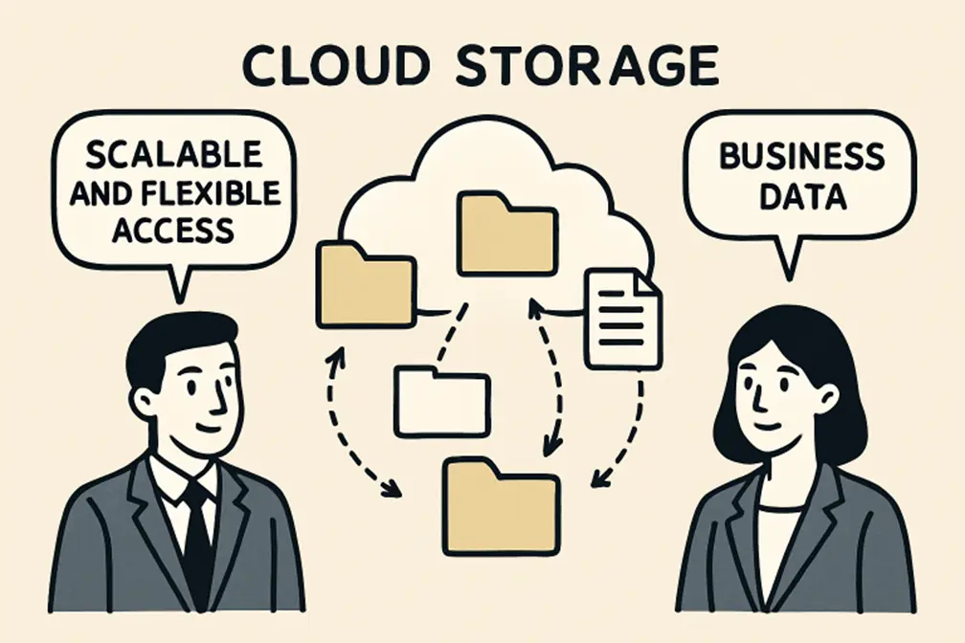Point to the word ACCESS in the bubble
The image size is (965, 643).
[x=172, y=229]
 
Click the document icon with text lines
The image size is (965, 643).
[x=623, y=318]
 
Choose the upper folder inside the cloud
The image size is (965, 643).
[x=506, y=233]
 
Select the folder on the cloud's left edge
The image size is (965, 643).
[x=364, y=284]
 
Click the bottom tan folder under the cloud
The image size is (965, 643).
[x=501, y=507]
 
